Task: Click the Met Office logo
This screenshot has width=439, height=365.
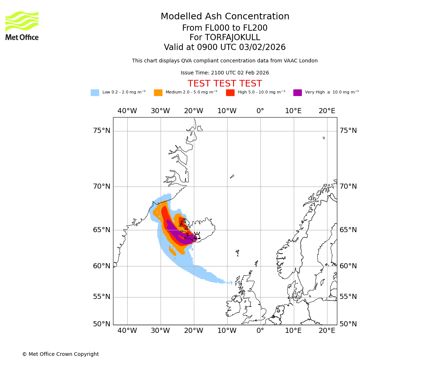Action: pos(22,26)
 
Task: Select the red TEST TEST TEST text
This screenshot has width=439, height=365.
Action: pos(225,84)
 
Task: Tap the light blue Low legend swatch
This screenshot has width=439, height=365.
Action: pos(95,93)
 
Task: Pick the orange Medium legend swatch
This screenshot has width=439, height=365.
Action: pos(158,93)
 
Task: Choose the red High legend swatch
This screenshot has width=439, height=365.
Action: pos(230,93)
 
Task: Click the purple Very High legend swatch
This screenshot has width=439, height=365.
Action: pos(297,93)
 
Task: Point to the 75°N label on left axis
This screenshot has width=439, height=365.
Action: pos(101,131)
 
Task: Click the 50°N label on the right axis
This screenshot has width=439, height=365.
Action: pos(348,324)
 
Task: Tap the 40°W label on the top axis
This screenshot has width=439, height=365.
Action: pos(127,111)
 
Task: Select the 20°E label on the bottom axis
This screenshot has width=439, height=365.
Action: pos(327,331)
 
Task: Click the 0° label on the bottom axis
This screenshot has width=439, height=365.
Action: pos(260,331)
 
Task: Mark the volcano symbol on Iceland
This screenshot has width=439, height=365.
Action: pos(197,236)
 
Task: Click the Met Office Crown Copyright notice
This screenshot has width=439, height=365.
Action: pos(60,354)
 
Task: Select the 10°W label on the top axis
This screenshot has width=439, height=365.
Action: pos(227,111)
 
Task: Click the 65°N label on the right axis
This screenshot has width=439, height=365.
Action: pos(348,230)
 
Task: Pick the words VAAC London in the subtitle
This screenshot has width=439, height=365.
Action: pos(302,61)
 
